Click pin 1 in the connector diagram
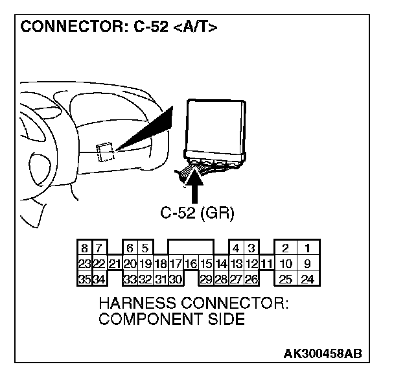pos(308,248)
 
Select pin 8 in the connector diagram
pos(85,248)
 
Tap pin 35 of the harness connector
pos(84,280)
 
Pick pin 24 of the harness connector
pos(308,280)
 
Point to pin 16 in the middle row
pos(191,264)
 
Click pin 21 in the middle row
pos(114,264)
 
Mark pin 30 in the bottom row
pos(175,280)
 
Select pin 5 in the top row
pos(145,248)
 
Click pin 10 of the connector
pos(285,264)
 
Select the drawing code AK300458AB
pos(322,353)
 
